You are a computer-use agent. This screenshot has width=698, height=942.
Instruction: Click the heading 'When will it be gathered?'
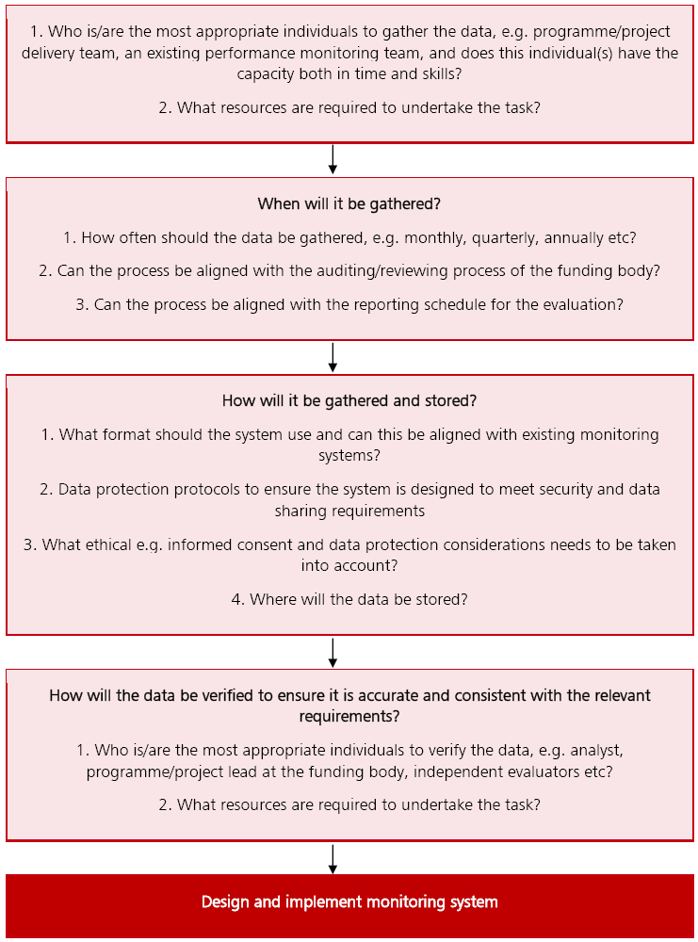click(x=349, y=203)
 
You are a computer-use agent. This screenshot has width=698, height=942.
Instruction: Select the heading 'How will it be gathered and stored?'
click(x=349, y=400)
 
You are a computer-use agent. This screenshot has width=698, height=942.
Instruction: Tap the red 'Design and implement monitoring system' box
click(x=349, y=902)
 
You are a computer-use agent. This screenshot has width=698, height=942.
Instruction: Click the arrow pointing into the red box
click(x=333, y=859)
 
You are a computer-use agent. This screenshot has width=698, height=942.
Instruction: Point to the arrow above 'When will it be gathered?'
click(x=333, y=160)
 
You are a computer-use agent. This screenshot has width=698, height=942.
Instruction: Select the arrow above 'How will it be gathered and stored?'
click(x=333, y=357)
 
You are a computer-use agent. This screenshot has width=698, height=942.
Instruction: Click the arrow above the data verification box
click(x=333, y=653)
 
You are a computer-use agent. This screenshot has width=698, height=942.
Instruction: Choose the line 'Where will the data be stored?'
click(x=349, y=599)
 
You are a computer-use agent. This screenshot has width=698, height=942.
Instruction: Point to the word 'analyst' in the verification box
click(x=593, y=750)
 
